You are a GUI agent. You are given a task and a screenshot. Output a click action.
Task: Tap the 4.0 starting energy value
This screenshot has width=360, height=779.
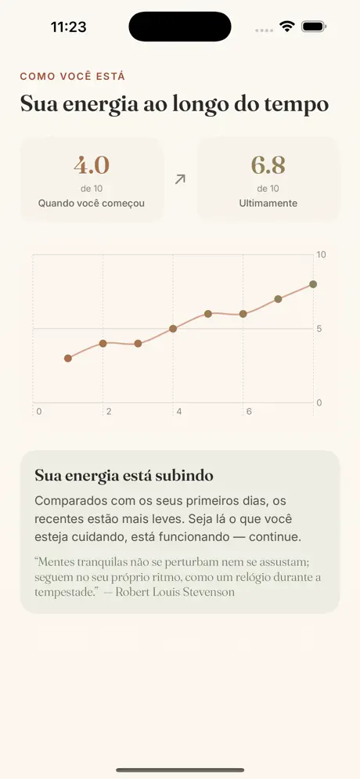point(92,165)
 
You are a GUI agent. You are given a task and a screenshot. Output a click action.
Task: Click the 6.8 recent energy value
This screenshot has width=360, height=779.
point(268,165)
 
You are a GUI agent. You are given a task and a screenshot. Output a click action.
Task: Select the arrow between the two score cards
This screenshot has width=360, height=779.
point(180,179)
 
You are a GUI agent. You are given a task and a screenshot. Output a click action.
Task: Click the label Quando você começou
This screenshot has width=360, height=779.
point(92,204)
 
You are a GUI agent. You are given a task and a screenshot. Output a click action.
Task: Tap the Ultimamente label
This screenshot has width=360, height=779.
point(268,204)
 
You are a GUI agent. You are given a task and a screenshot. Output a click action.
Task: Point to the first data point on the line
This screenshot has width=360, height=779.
point(68,359)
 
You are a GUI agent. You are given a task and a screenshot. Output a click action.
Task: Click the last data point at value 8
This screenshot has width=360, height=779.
point(313,284)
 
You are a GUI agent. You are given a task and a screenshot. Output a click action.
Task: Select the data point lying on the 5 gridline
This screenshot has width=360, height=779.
point(173,328)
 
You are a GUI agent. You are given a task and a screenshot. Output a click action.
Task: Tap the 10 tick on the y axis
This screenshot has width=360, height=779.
point(322,255)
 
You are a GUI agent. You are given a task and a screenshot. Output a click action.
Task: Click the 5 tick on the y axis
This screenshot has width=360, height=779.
point(319,328)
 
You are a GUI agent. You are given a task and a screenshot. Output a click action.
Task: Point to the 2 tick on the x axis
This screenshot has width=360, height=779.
point(109,411)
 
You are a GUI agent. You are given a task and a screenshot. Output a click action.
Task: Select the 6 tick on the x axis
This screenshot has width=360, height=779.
point(249,411)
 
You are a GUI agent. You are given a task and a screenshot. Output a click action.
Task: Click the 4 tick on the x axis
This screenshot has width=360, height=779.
point(178,411)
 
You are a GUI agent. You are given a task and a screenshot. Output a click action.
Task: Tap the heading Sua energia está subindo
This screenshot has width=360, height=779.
point(124,475)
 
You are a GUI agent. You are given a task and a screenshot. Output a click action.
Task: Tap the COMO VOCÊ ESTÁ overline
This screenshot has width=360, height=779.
point(73,77)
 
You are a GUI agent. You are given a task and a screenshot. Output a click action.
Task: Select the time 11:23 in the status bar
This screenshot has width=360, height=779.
point(69,27)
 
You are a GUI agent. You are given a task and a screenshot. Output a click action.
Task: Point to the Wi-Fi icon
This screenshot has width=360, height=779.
point(287,27)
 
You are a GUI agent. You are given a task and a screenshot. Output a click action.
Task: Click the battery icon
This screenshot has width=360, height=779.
point(314,27)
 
